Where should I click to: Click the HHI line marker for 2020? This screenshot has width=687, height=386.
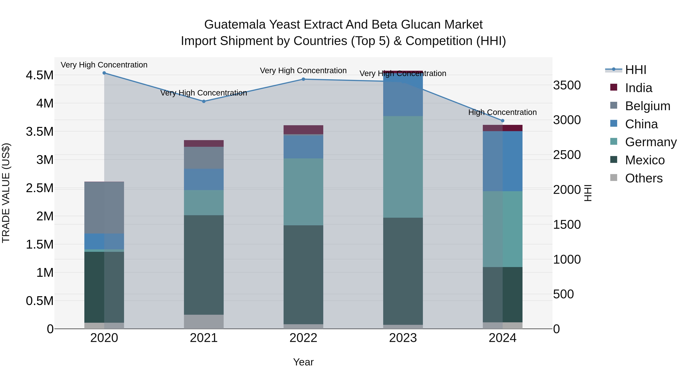pos(104,73)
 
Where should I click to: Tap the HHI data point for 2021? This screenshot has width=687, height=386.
pos(204,101)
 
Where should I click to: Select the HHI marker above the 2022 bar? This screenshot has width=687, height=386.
pos(303,79)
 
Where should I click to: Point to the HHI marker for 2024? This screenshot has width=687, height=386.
pos(502,121)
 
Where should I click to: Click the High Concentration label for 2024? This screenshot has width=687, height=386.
pos(502,112)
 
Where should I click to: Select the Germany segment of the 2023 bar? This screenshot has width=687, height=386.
pos(403,167)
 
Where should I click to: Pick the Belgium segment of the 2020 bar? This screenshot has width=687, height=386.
pos(104,208)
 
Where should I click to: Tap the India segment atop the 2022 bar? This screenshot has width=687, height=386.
pos(303,130)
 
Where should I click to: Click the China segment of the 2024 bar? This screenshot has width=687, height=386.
pos(502,161)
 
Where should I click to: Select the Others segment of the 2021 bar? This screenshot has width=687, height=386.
pos(204,322)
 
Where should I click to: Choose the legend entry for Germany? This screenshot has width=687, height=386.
pos(651,142)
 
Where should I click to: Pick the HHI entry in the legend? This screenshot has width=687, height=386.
pos(635,70)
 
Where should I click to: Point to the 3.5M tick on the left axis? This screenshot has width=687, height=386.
pos(40,132)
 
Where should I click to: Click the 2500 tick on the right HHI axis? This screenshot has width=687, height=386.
pos(567,155)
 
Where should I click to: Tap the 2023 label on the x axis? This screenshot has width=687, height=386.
pos(403,338)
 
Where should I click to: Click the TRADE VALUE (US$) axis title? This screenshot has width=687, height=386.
pos(6,193)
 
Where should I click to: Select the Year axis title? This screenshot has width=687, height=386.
pos(303,362)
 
